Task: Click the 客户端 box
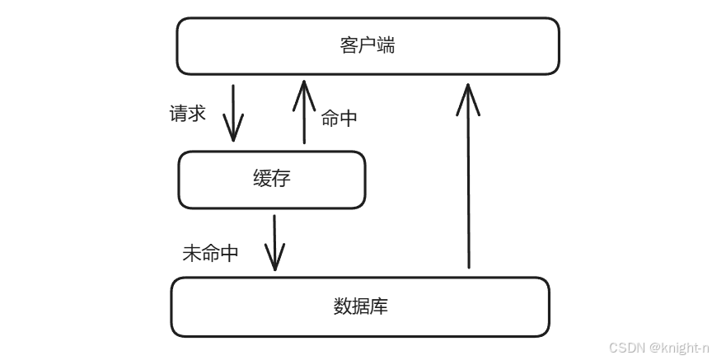pos(368,46)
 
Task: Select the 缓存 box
pos(272,180)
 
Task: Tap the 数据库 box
pos(360,307)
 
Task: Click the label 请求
pos(187,113)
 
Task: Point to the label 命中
pos(339,118)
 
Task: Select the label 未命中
pos(210,253)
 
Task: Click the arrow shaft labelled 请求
pos(233,107)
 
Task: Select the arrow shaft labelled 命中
pos(304,115)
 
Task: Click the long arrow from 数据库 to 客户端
pos(469,181)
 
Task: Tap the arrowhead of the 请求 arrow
pos(233,132)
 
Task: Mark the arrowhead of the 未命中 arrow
pos(274,262)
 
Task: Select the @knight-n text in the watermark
pos(680,348)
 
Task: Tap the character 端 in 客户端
pos(386,45)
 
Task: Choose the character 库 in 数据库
pos(379,307)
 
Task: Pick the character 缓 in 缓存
pos(262,179)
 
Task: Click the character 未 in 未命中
pos(191,253)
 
